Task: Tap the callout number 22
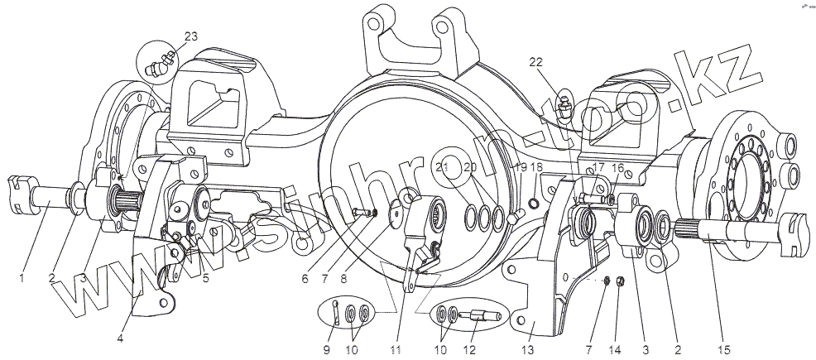[535, 61]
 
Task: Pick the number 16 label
[617, 166]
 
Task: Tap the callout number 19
[521, 167]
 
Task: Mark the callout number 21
[443, 167]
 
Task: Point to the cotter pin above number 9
[336, 310]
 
